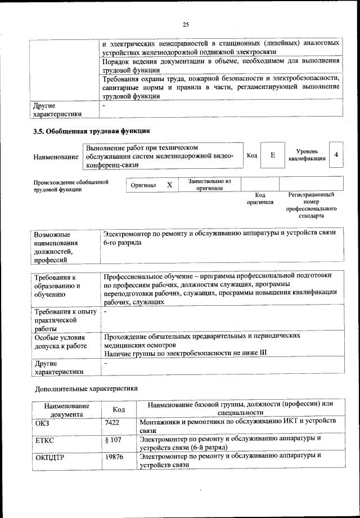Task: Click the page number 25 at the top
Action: click(186, 24)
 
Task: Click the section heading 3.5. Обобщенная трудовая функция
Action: click(91, 132)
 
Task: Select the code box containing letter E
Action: click(272, 155)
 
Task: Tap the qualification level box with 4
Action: click(336, 155)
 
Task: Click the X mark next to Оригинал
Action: click(169, 185)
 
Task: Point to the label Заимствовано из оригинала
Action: click(209, 185)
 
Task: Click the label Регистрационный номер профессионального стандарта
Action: click(310, 205)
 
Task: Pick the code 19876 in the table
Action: click(115, 457)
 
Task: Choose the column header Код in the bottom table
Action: click(119, 409)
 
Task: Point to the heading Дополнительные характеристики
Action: click(85, 388)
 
